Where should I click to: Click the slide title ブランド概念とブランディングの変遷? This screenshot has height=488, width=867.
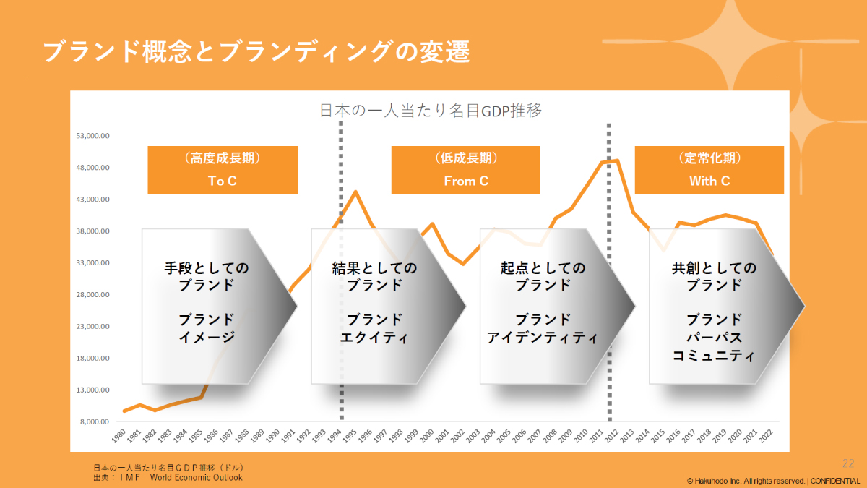tap(256, 52)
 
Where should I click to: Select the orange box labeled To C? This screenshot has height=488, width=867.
tap(223, 171)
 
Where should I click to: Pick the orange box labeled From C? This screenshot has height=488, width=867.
tap(466, 171)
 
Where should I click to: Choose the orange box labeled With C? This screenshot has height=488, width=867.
tap(709, 171)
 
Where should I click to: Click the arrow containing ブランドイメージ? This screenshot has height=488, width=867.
tap(210, 307)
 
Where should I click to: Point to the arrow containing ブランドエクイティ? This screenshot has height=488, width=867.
tap(377, 307)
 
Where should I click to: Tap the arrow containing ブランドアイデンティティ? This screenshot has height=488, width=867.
tap(546, 307)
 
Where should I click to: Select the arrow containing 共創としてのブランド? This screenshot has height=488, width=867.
tap(715, 307)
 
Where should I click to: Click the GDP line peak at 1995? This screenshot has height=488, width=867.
tap(355, 192)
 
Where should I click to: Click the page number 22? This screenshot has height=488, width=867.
tap(848, 463)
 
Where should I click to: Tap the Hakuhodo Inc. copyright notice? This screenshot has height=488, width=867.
tap(773, 481)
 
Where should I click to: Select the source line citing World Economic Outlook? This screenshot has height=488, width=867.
tap(168, 477)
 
